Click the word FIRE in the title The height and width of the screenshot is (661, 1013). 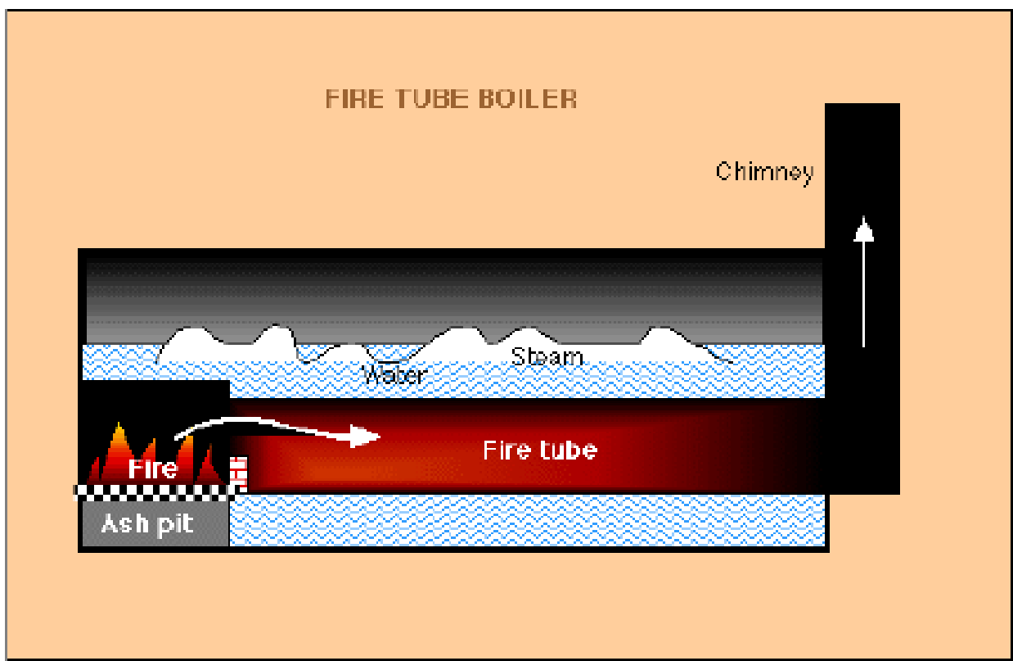click(x=354, y=98)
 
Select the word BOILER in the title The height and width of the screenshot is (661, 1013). click(x=527, y=98)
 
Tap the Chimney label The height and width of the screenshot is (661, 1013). click(x=765, y=173)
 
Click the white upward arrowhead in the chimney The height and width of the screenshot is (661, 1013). click(x=864, y=229)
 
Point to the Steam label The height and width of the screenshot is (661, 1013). click(x=547, y=356)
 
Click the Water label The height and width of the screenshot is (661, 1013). click(x=394, y=375)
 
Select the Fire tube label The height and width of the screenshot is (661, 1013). click(x=540, y=450)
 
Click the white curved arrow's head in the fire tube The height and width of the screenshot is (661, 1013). click(x=365, y=436)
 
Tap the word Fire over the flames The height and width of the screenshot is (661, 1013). click(x=152, y=469)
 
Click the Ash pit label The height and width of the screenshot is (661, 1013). click(x=147, y=525)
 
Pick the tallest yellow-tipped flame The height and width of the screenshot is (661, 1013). click(x=118, y=453)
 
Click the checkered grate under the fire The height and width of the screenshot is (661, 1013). click(x=154, y=492)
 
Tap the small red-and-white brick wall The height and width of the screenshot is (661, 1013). click(x=239, y=473)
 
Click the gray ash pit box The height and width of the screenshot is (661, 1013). click(x=155, y=523)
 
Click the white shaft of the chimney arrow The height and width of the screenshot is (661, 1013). click(x=864, y=294)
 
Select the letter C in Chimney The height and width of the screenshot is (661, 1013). click(x=723, y=171)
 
